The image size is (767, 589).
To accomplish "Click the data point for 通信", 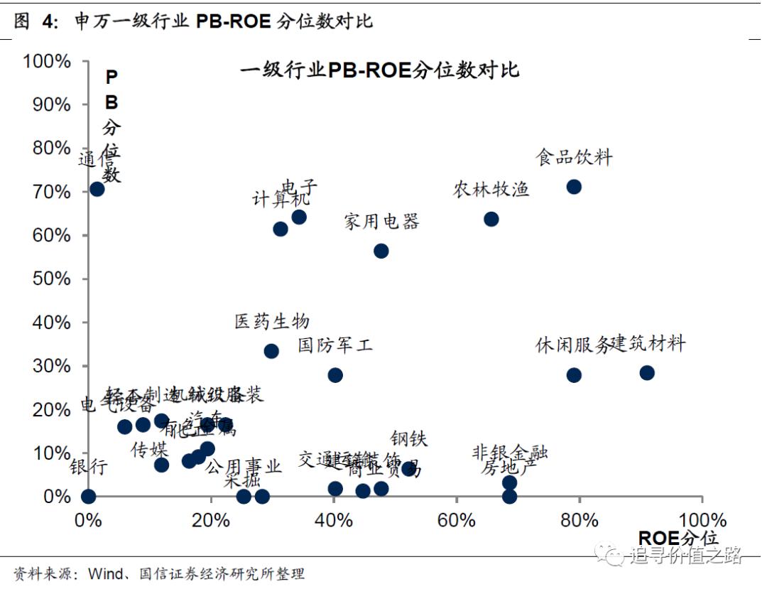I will [x=97, y=189].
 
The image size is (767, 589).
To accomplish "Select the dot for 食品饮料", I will [x=574, y=187].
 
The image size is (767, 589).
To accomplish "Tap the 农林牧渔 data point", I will [x=491, y=219].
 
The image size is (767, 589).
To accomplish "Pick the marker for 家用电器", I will [x=381, y=251].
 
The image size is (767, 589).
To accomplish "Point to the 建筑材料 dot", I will [x=647, y=372].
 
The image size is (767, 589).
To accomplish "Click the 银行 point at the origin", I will [x=88, y=496].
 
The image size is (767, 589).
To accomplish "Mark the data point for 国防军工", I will [x=335, y=375].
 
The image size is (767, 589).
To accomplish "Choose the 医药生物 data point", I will [x=271, y=351].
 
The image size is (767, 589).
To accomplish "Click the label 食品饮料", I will [x=574, y=157].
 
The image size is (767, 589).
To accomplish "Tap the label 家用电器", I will [x=382, y=221].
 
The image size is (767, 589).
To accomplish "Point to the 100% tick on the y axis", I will [x=48, y=61].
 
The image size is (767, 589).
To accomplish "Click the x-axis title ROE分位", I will [x=678, y=538].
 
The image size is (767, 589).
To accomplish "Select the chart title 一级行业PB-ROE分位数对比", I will [x=379, y=70].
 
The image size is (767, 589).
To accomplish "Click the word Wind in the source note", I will [x=106, y=573].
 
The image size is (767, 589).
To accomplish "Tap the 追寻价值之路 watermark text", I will [x=685, y=555].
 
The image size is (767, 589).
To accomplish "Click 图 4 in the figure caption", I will [x=36, y=21].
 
